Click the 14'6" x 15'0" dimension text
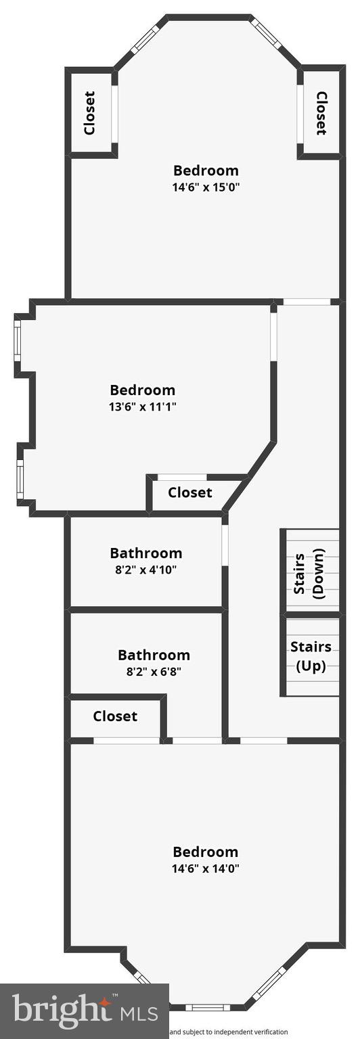[206, 187]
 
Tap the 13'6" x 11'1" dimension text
[142, 407]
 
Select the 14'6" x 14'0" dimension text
[206, 868]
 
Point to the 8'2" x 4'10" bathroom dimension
[145, 570]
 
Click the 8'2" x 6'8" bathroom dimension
[154, 672]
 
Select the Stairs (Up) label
[311, 656]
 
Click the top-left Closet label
[89, 113]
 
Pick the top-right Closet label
[321, 113]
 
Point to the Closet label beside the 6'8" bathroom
[115, 716]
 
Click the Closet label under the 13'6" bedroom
[189, 492]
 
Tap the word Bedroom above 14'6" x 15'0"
[206, 170]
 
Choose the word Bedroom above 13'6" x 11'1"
[142, 390]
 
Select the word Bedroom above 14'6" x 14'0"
[206, 852]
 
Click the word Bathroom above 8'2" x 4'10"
[145, 553]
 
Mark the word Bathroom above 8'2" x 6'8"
[154, 655]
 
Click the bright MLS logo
[85, 1012]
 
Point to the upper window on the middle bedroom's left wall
[18, 340]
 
